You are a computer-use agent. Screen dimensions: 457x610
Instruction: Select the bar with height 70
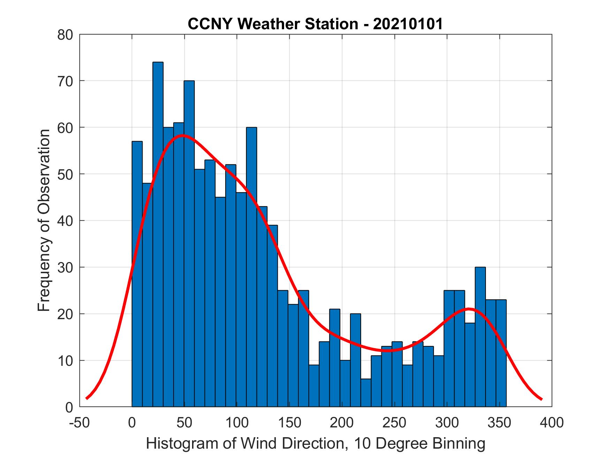[x=189, y=244]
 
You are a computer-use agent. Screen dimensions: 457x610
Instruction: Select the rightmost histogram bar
[x=501, y=353]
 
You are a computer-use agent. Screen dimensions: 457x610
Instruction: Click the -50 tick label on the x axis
[x=80, y=423]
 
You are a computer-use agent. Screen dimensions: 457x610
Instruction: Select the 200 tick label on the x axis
[x=342, y=423]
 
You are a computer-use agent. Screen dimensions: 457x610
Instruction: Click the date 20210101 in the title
[x=408, y=24]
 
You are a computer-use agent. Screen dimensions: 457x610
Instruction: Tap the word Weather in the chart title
[x=267, y=24]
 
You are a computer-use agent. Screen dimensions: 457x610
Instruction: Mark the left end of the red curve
[x=86, y=398]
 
